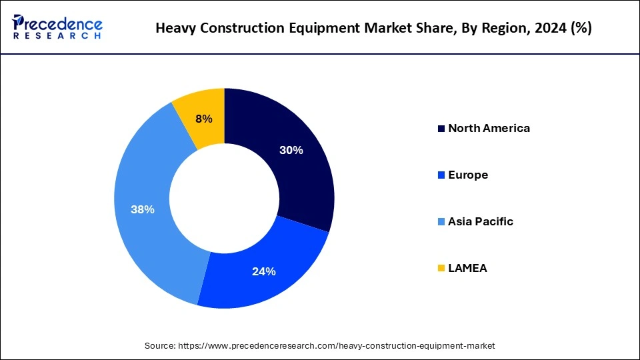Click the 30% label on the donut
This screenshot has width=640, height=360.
click(291, 150)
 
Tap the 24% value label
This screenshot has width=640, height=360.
click(264, 271)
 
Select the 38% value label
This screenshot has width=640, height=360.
click(143, 209)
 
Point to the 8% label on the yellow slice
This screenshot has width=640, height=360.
click(204, 119)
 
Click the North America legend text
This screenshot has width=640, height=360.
click(489, 128)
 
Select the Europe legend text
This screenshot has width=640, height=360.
click(468, 175)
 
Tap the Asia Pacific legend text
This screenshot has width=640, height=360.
click(481, 221)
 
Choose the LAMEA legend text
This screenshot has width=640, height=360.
click(467, 268)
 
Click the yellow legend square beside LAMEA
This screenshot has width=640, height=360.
click(441, 268)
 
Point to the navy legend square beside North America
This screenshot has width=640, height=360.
click(441, 129)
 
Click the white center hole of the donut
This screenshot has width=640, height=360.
click(225, 198)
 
